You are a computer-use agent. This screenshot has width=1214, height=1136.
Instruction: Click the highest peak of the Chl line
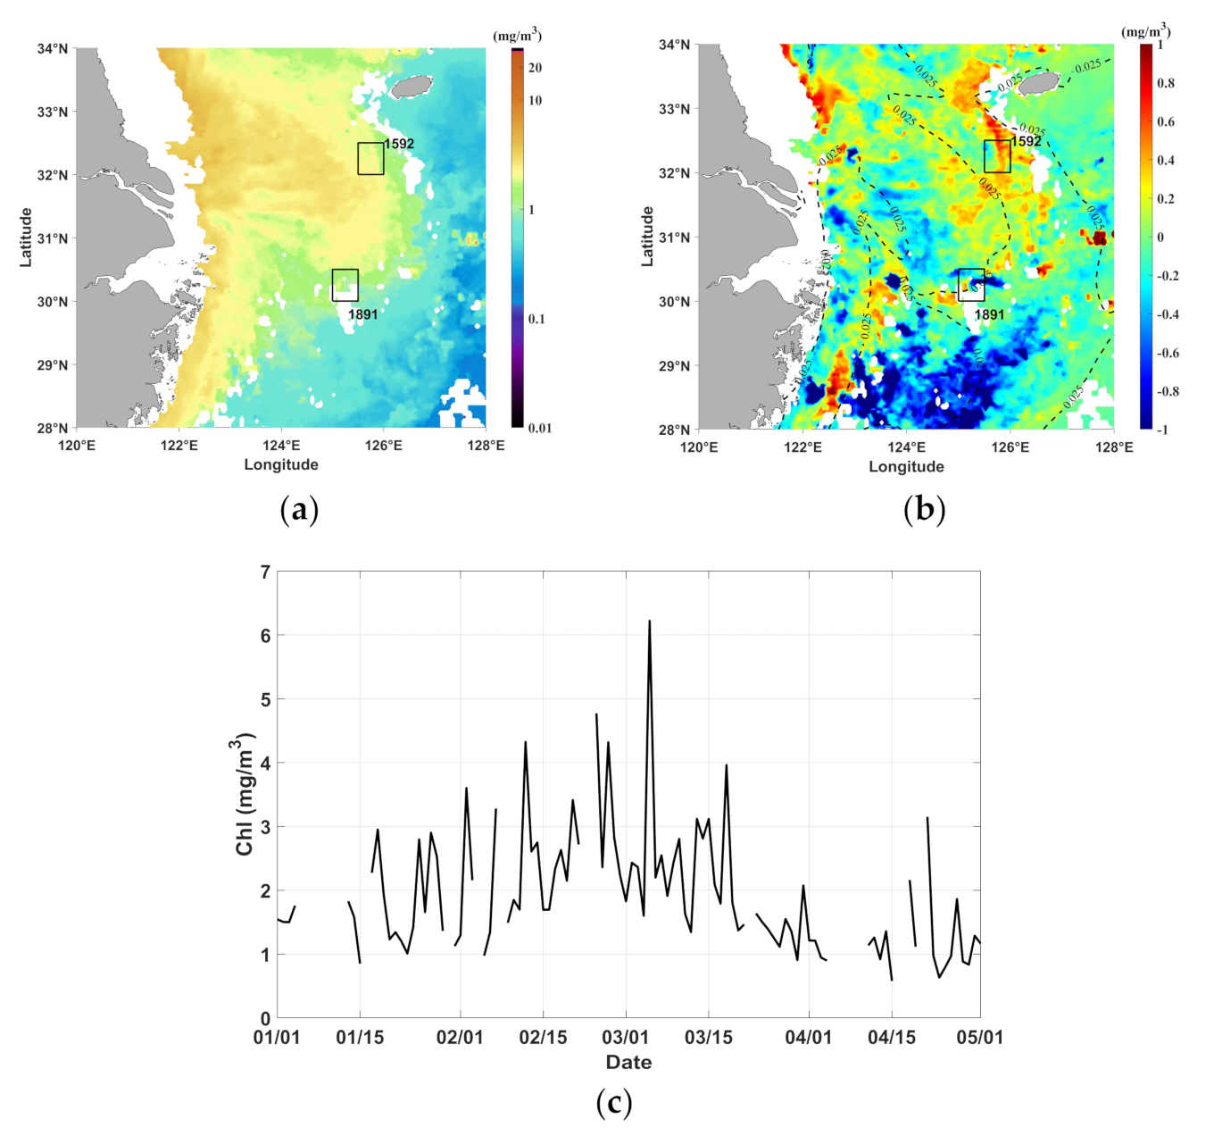tap(649, 621)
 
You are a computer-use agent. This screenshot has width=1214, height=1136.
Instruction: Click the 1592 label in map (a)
tap(399, 144)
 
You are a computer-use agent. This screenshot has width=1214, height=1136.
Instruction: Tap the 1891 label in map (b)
tap(989, 314)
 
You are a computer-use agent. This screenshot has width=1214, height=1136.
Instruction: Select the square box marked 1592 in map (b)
tap(997, 156)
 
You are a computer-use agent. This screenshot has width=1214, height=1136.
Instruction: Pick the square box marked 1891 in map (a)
tap(345, 285)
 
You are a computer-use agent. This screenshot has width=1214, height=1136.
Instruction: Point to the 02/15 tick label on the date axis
tap(543, 1037)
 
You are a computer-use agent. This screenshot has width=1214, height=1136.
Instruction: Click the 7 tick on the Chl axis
tap(264, 572)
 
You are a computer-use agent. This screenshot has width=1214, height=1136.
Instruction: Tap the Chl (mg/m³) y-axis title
tap(245, 795)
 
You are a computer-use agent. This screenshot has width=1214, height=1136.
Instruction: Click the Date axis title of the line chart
tap(628, 1062)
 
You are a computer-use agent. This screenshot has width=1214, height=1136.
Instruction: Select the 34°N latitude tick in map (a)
tap(52, 48)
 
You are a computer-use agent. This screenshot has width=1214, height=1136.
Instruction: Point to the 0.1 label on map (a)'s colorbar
tap(536, 319)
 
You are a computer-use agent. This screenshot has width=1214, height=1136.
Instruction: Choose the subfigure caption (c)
tap(613, 1104)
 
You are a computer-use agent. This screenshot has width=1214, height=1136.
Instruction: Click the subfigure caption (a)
tap(299, 511)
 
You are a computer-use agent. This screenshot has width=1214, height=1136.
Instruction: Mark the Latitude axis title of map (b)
tap(648, 237)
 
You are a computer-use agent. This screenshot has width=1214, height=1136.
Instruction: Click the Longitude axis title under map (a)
tap(281, 464)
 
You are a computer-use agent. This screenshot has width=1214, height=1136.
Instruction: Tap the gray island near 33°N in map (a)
tap(412, 86)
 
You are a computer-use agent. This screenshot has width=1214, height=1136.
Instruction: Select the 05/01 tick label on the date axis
tap(980, 1037)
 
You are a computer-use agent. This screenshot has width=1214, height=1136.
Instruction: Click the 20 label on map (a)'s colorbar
tap(536, 68)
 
